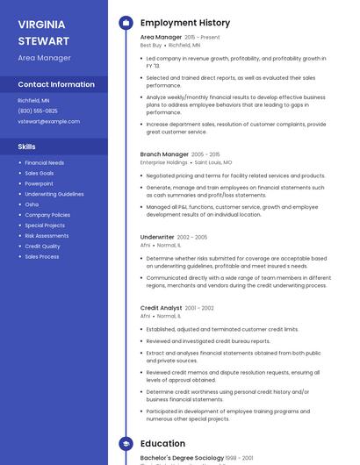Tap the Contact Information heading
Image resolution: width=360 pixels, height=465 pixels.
tap(56, 85)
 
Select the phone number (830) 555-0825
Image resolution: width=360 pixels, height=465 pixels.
tap(38, 111)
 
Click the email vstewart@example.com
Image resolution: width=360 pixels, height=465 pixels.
tap(48, 121)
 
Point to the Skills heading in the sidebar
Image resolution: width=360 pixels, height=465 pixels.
tap(27, 147)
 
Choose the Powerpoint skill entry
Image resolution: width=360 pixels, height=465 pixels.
tap(39, 183)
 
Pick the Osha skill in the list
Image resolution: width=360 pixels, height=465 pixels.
tap(32, 204)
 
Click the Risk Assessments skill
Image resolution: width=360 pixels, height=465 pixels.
tap(47, 236)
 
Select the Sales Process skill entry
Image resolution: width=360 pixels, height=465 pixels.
tap(42, 257)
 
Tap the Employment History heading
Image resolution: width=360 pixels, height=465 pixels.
tap(185, 23)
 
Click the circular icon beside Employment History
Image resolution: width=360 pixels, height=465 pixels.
tap(126, 23)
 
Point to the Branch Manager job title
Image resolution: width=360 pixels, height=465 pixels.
tap(164, 154)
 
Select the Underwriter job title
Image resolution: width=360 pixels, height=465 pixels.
tap(157, 237)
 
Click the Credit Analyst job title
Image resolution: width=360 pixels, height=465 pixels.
tap(162, 308)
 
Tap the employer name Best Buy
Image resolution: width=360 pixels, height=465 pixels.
tap(151, 45)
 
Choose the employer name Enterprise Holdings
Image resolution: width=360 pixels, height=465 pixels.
tap(164, 162)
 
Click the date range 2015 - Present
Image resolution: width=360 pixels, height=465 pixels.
tap(202, 38)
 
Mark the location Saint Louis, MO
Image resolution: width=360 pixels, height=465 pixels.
tap(213, 162)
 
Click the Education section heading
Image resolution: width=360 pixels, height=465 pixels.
tap(162, 444)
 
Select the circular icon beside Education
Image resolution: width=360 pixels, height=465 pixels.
tap(126, 444)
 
